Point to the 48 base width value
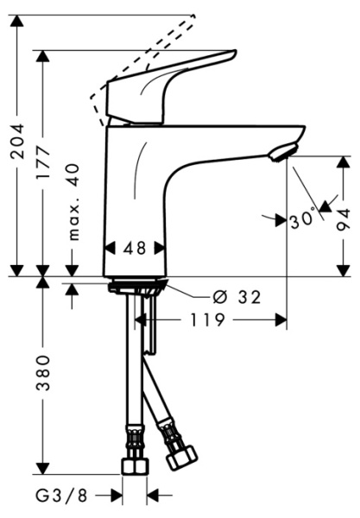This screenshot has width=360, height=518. (x=134, y=247)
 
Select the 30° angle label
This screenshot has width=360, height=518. (x=302, y=221)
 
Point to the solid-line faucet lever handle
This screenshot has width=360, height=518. (x=173, y=86)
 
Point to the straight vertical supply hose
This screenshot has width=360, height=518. (x=131, y=371)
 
